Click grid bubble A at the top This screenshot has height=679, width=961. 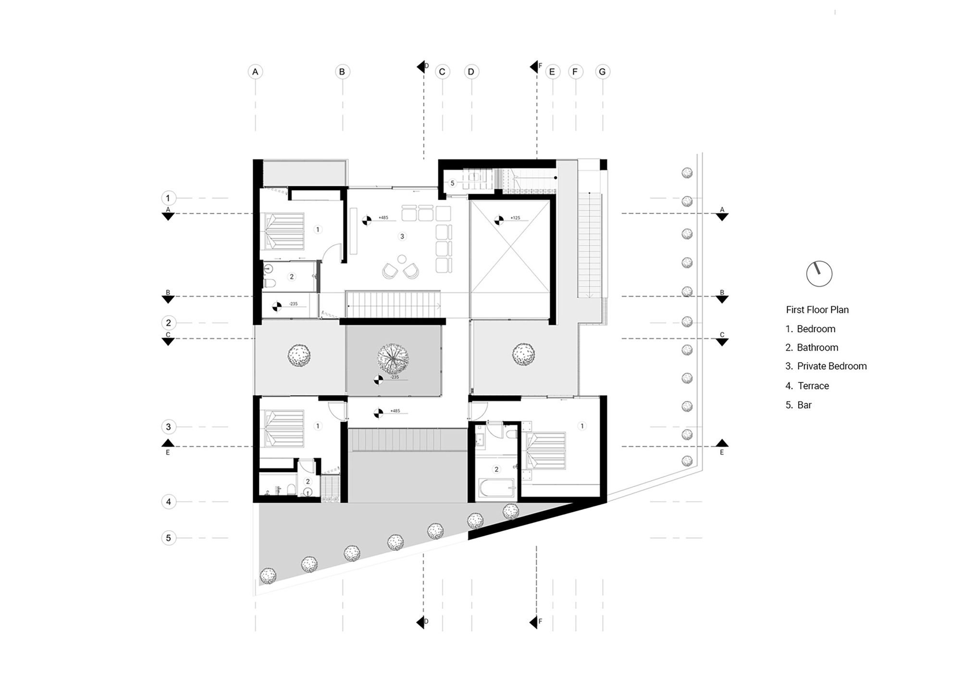(255, 72)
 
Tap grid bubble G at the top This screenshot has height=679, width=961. (602, 72)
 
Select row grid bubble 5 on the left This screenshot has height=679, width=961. (168, 538)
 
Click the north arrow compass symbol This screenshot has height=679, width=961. (819, 274)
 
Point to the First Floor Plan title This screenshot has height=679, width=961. (817, 310)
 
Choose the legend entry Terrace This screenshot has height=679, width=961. (813, 386)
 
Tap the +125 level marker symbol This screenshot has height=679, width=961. (499, 220)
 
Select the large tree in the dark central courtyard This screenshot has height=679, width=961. (393, 358)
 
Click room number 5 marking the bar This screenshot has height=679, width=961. (452, 183)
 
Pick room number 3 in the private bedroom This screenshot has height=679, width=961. (402, 236)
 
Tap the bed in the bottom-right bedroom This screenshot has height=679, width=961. (546, 450)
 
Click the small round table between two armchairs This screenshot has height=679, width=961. (402, 260)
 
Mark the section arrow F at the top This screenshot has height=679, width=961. (534, 66)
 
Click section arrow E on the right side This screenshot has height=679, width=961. (722, 443)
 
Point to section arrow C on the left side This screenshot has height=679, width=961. (168, 342)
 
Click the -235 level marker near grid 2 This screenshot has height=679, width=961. (277, 306)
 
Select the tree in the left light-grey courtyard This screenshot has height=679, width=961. (299, 356)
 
